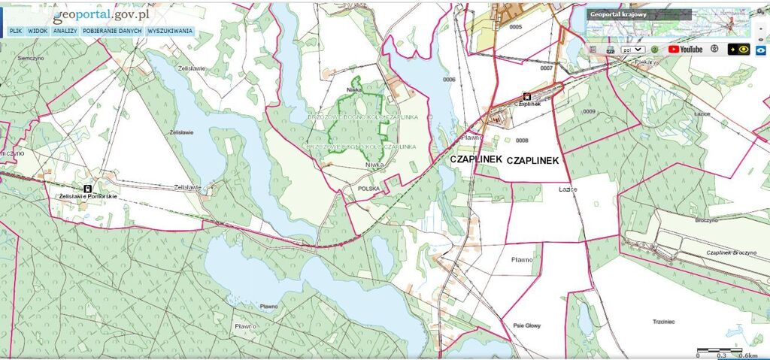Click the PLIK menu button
click(15, 32)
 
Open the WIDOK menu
click(38, 32)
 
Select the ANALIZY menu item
click(65, 32)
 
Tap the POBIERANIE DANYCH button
click(112, 32)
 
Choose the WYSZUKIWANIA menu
click(170, 32)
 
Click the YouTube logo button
click(685, 49)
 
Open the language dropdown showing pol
click(632, 49)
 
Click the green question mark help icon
click(655, 49)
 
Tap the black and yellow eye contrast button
click(741, 49)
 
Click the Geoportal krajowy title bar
click(638, 14)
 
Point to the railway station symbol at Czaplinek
click(526, 96)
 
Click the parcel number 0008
click(523, 140)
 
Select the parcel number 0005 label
click(515, 26)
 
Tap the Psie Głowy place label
click(527, 325)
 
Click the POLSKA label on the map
click(369, 189)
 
